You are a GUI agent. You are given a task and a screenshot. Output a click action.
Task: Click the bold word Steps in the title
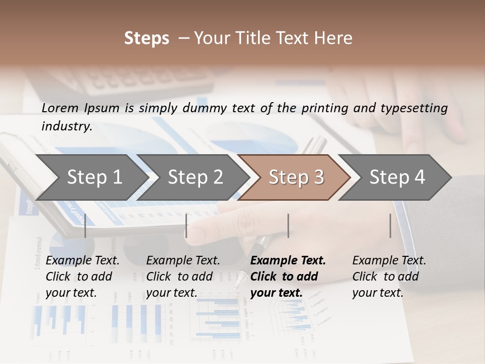147,38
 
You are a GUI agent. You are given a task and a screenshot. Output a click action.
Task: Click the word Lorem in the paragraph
60,108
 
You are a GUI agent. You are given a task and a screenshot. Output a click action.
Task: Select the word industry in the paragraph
66,126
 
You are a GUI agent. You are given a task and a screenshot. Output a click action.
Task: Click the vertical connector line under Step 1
85,225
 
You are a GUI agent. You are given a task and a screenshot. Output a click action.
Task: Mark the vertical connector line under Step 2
186,225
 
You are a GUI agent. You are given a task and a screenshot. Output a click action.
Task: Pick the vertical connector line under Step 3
288,225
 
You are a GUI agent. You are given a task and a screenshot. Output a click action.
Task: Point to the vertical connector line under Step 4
390,225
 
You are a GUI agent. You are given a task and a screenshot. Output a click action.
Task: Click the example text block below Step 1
82,277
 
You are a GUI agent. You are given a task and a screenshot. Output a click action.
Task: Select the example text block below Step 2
183,277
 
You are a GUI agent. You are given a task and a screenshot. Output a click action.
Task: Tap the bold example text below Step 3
288,277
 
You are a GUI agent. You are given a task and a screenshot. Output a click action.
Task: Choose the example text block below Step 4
389,277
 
